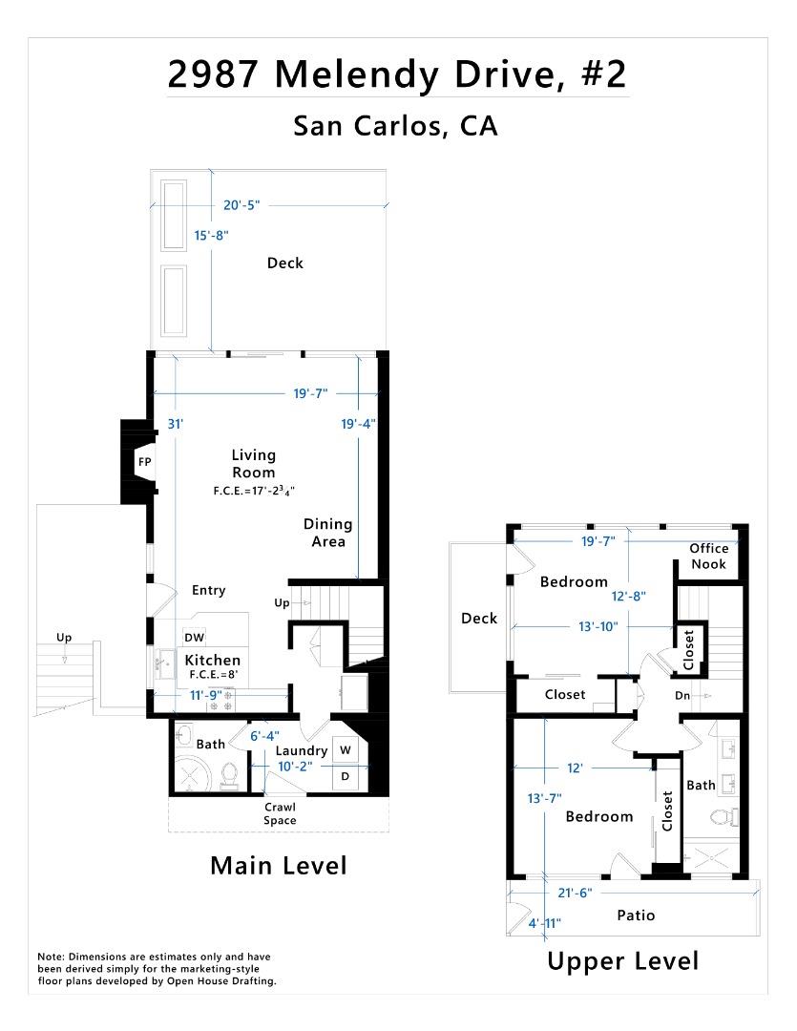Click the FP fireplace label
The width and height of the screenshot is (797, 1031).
[145, 462]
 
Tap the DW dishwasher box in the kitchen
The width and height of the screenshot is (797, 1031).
[194, 637]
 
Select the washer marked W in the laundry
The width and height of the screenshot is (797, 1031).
[346, 750]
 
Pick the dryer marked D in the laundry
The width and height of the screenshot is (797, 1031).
[346, 777]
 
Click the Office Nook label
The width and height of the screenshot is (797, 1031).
[708, 556]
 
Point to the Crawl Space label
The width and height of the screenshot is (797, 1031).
[280, 813]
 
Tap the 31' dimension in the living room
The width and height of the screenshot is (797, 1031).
[175, 424]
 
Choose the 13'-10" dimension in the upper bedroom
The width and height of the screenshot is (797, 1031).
[598, 626]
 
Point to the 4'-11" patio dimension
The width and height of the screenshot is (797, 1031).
[545, 923]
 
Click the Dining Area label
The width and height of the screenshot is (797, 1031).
[327, 533]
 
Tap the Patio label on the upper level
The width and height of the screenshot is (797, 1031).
[636, 915]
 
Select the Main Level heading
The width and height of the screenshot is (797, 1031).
[278, 865]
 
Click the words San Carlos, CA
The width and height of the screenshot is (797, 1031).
[395, 126]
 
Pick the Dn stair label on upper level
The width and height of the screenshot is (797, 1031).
[682, 696]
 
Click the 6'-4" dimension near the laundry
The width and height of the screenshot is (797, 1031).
[263, 736]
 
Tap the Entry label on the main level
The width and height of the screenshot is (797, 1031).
[208, 590]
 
